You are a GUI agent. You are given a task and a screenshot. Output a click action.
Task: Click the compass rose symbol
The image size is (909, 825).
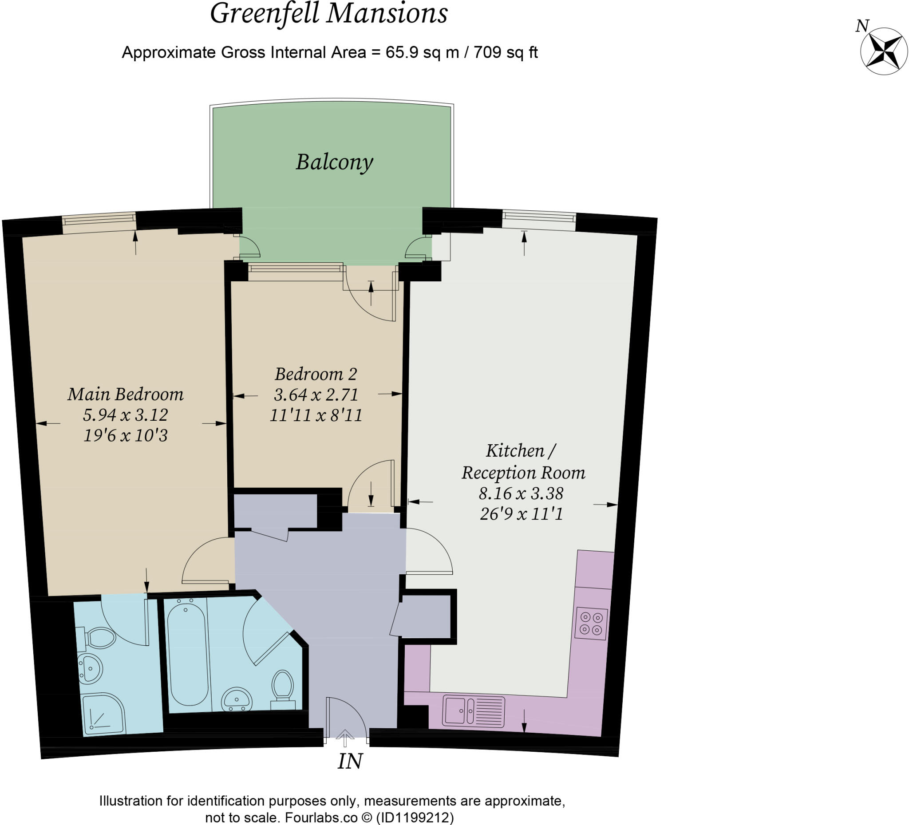(x=883, y=51)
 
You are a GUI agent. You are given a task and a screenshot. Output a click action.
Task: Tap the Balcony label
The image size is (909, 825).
(x=334, y=162)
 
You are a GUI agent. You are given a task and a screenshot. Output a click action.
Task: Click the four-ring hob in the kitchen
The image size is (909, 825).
(x=591, y=624)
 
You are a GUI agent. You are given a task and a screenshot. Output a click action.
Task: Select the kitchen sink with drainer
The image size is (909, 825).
(x=474, y=712)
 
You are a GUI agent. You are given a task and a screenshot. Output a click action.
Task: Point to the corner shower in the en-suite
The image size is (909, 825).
(x=103, y=714)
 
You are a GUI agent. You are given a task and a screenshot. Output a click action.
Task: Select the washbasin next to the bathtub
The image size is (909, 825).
(x=237, y=699)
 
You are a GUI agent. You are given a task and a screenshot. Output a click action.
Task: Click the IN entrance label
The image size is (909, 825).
(x=350, y=762)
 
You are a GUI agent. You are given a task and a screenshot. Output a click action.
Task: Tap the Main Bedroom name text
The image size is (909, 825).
(x=126, y=395)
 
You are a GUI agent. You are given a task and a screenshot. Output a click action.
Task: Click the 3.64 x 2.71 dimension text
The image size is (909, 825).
(x=316, y=395)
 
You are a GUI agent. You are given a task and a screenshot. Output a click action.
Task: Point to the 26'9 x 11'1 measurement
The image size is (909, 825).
(x=522, y=514)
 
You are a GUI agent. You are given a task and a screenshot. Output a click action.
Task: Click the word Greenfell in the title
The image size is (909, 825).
(x=265, y=13)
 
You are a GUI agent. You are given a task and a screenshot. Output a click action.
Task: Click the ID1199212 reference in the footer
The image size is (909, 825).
(x=415, y=817)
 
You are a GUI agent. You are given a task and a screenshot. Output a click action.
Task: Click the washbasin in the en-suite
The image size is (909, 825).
(x=90, y=668)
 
